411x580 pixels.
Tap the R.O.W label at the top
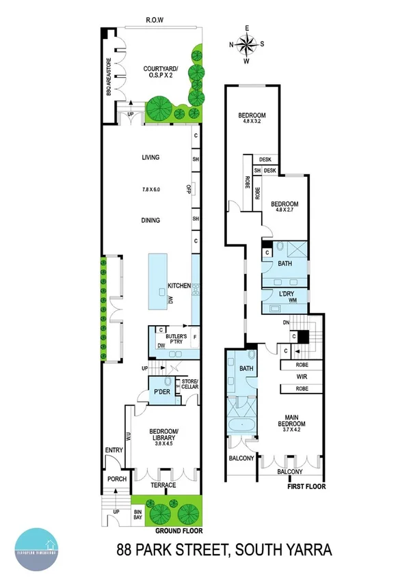coord(153,20)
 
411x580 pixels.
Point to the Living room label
coord(150,157)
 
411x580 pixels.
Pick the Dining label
coord(150,220)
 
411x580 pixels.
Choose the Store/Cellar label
coord(188,385)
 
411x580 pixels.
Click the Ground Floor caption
coord(177,530)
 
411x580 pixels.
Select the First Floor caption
coord(303,486)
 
